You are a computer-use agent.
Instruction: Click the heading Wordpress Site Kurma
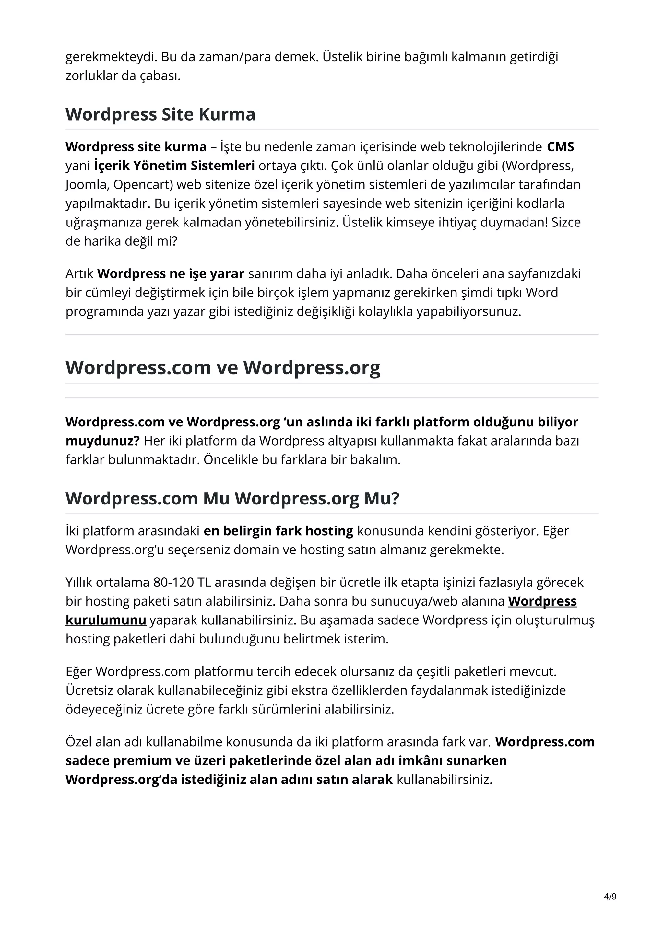click(x=160, y=114)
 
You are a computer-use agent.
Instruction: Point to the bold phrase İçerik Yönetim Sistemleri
click(x=174, y=166)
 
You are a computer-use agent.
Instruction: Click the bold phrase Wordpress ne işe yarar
click(x=171, y=273)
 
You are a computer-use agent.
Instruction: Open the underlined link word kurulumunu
click(x=106, y=620)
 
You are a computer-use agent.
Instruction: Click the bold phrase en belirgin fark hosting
click(x=278, y=531)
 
